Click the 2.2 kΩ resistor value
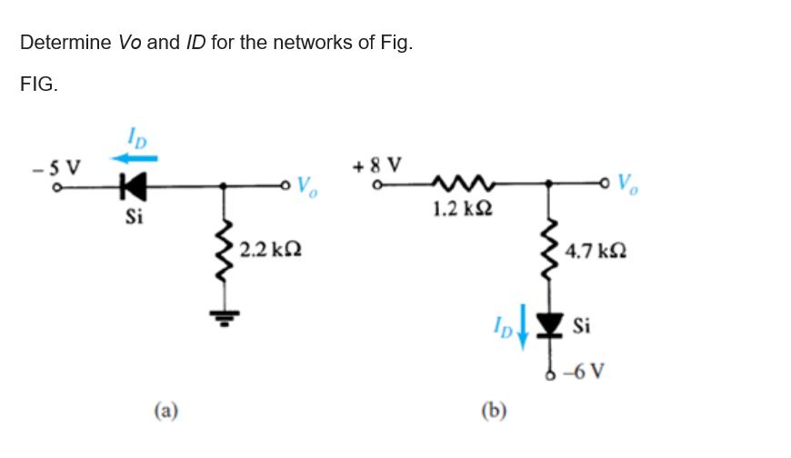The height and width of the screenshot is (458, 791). click(270, 248)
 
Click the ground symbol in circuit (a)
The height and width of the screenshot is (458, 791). click(225, 315)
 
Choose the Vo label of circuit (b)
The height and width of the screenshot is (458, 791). click(631, 185)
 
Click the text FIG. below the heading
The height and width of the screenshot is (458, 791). click(39, 85)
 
